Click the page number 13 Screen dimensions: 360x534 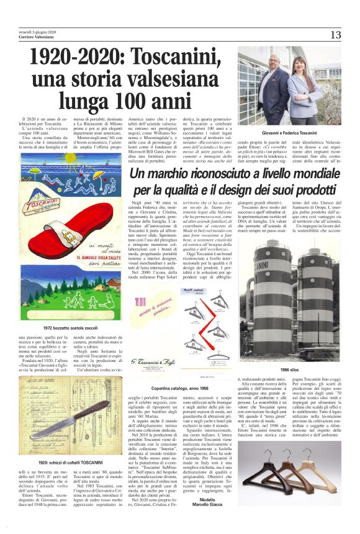[335, 34]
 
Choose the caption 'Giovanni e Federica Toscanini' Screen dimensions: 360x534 [288, 133]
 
